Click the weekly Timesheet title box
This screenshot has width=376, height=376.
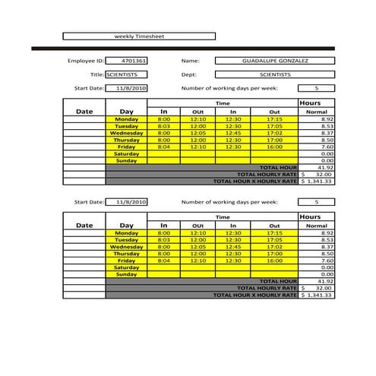point(139,36)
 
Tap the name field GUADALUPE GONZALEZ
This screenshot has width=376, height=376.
point(274,61)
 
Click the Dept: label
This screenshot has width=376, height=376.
point(189,74)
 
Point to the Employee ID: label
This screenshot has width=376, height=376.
point(85,61)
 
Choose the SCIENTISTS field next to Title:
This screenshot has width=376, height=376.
point(126,74)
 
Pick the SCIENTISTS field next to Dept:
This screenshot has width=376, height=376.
point(274,74)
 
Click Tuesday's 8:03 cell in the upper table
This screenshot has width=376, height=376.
point(164,126)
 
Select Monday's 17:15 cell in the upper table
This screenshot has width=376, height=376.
point(274,119)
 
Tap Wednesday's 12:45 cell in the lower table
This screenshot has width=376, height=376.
point(233,247)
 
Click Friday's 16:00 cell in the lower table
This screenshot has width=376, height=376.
point(274,261)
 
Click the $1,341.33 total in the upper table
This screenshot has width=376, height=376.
point(318,181)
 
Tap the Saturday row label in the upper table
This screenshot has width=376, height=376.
point(126,153)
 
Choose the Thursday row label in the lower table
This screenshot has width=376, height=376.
point(126,254)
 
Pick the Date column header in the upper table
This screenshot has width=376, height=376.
point(84,111)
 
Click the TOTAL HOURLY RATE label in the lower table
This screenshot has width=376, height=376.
point(266,288)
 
